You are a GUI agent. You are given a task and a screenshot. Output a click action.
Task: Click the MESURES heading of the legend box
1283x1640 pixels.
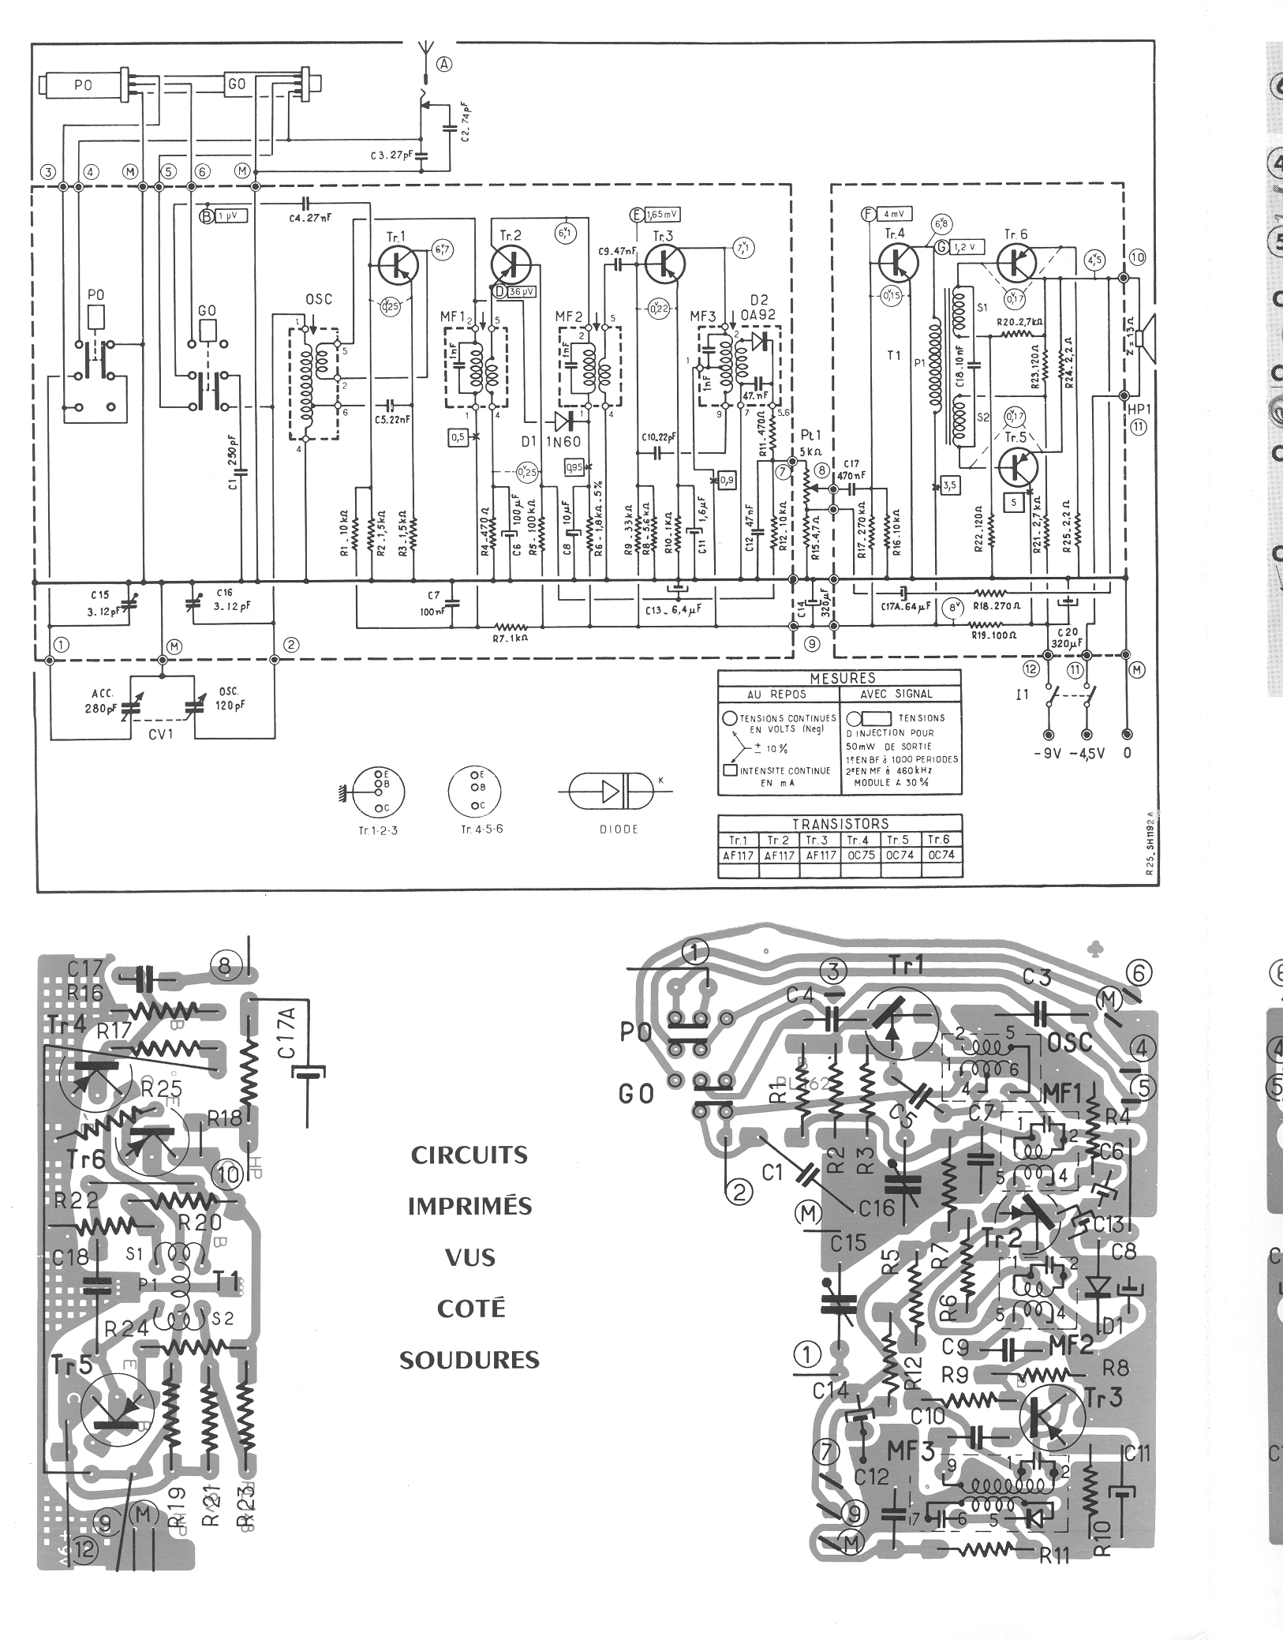coord(839,678)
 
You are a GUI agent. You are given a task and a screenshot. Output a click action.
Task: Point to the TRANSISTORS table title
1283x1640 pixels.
coord(840,823)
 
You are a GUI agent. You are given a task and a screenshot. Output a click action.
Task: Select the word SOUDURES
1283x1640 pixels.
coord(469,1360)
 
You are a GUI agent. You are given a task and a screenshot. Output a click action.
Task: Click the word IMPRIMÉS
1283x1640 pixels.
coord(469,1206)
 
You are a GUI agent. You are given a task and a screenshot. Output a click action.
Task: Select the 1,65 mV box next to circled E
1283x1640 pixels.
coord(662,214)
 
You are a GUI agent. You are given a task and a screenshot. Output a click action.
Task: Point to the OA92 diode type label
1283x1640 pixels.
coord(759,313)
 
